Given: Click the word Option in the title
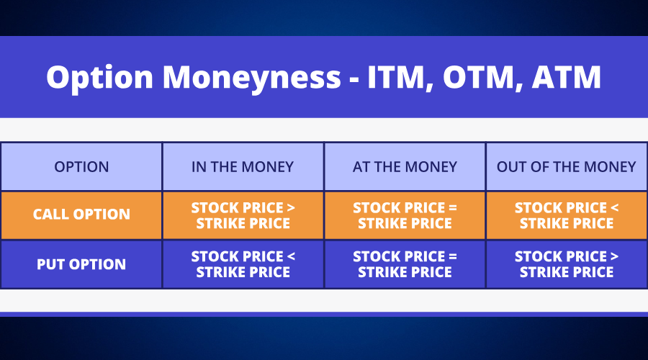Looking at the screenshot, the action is (x=99, y=77).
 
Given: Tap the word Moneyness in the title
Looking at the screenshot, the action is (x=252, y=77).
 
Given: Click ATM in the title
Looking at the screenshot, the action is (x=566, y=77).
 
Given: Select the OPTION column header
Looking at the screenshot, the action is (x=81, y=166).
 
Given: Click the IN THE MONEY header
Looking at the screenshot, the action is (x=243, y=166).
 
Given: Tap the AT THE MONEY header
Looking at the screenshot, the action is (x=405, y=166).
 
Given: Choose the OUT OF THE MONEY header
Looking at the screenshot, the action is (x=566, y=166).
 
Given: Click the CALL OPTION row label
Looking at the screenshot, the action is (x=81, y=214).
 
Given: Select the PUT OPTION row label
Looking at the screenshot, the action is (x=81, y=264).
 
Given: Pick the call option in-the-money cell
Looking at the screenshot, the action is (x=243, y=215).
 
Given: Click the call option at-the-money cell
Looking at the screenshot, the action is (x=405, y=215).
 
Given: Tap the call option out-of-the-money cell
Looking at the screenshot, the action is (x=567, y=215).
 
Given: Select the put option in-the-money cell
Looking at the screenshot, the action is (x=243, y=264).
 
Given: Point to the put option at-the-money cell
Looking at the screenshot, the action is (x=405, y=264).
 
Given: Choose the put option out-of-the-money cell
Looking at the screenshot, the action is (x=567, y=264).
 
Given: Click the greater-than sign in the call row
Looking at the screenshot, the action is (x=291, y=207).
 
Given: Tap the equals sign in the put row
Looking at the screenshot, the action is (x=453, y=256).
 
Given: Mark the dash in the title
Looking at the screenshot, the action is (x=354, y=78).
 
